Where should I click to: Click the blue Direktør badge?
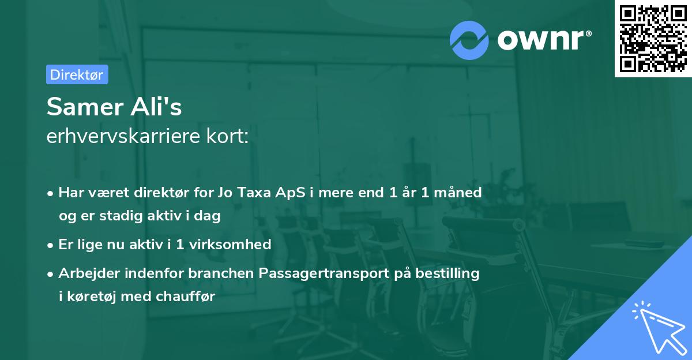tap(77, 74)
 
